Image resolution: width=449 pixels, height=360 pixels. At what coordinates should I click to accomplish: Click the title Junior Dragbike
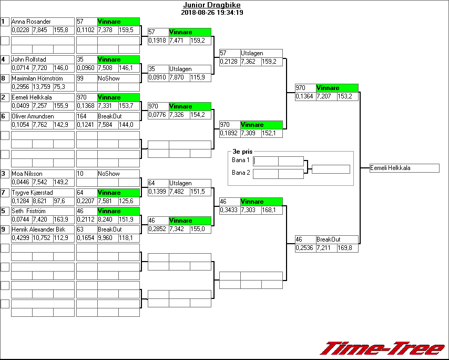click(212, 5)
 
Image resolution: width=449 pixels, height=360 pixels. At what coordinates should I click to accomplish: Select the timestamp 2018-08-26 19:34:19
click(212, 12)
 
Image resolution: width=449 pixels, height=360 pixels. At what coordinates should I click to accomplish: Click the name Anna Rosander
click(32, 22)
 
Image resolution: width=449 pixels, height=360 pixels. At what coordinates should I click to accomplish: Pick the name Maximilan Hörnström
click(39, 78)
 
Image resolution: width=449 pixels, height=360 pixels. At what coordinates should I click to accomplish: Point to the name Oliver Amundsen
click(33, 116)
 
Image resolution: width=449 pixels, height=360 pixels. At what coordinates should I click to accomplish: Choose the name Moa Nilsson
click(27, 173)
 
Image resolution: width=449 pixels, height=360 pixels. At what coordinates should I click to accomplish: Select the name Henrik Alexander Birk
click(38, 229)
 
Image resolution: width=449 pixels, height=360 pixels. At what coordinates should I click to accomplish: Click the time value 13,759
click(42, 87)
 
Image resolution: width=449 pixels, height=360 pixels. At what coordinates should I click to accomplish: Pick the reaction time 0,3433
click(229, 210)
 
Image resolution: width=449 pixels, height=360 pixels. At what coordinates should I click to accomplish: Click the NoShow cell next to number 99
click(109, 78)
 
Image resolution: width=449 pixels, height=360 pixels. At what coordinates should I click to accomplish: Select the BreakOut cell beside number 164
click(109, 116)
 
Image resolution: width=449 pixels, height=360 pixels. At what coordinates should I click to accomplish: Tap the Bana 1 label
click(240, 159)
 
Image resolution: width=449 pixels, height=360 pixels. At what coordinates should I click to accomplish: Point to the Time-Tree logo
click(382, 348)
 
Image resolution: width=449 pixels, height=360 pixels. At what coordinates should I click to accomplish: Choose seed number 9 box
click(5, 229)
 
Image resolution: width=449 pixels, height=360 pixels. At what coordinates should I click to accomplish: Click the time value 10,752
click(42, 238)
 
